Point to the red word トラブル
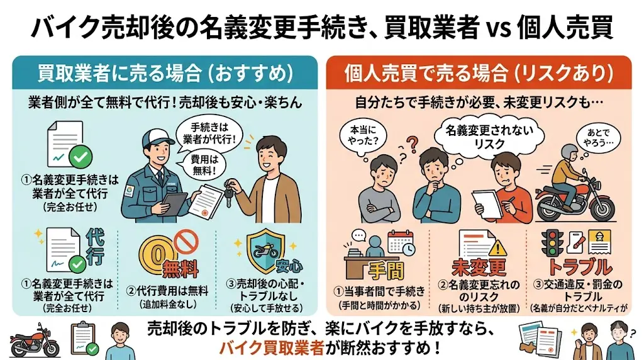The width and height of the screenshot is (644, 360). pos(579,267)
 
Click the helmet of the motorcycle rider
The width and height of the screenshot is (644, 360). pos(569,153)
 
